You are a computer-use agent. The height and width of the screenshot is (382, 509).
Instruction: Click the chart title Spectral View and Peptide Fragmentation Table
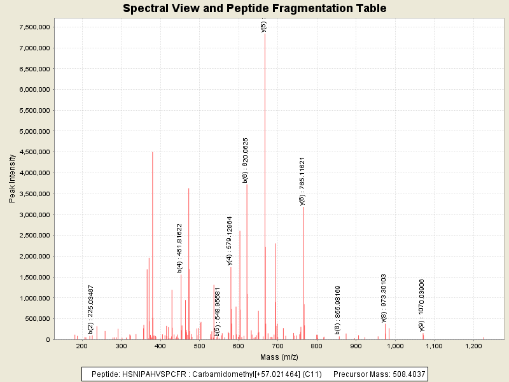[x=254, y=8]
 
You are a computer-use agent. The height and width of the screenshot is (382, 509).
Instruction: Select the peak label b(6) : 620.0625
[x=246, y=160]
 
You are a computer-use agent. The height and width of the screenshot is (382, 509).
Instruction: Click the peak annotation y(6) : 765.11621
[x=303, y=181]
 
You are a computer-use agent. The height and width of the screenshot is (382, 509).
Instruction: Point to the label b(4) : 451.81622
[x=180, y=248]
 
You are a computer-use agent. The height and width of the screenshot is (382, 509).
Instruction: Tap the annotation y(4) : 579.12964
[x=230, y=241]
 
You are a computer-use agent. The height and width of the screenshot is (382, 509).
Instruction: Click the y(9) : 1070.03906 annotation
[x=422, y=305]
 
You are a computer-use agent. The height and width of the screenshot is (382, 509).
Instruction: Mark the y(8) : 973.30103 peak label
[x=384, y=298]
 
